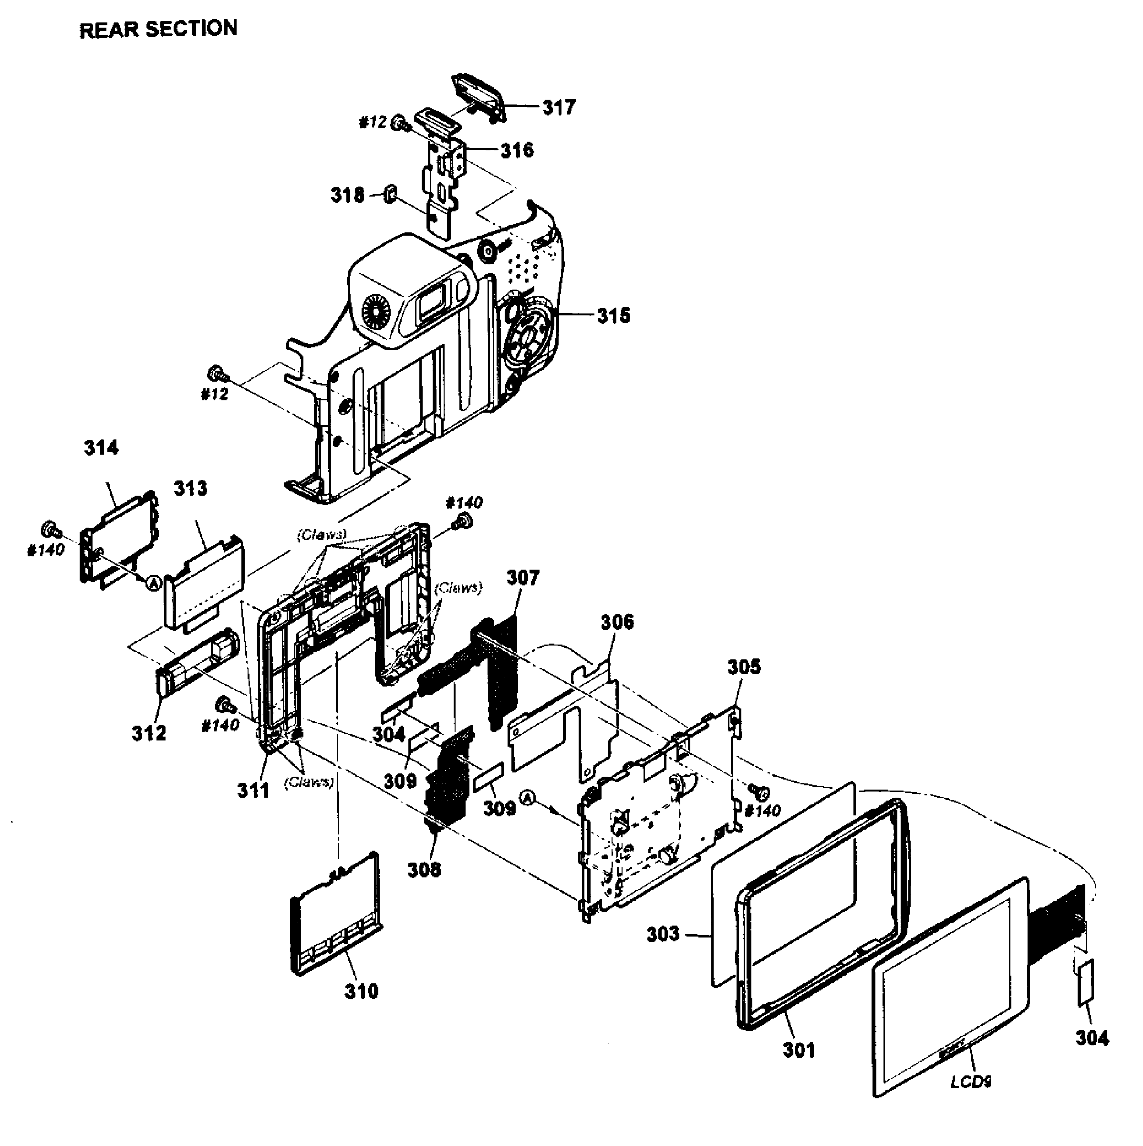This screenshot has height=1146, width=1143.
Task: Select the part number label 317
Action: pos(559,107)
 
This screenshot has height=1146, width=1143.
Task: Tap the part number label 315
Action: pos(613,315)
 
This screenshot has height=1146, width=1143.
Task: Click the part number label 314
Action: pos(101,447)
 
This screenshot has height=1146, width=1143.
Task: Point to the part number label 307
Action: pos(522,577)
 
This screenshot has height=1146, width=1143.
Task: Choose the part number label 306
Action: pos(617,622)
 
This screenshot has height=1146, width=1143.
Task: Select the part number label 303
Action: pos(663,934)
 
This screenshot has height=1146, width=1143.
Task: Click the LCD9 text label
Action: pos(970,1082)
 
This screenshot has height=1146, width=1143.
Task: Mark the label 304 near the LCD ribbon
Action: pos(1091,1037)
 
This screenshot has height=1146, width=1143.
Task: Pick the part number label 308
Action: pos(424,870)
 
